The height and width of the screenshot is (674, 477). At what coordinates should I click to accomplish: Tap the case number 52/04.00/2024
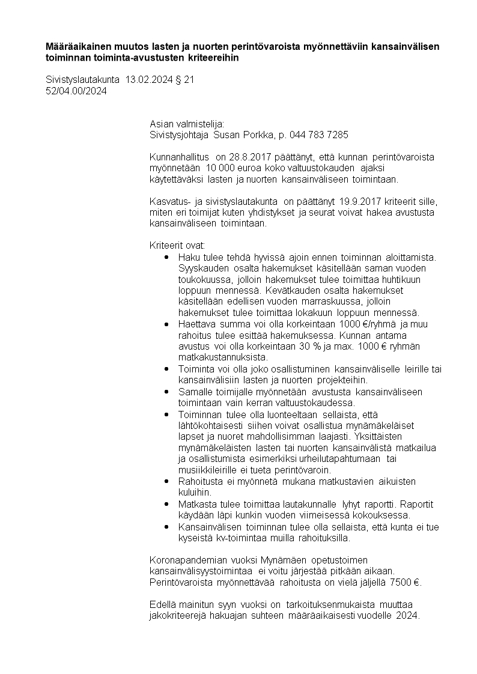click(76, 91)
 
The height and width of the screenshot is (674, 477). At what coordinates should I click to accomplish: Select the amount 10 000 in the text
click(219, 168)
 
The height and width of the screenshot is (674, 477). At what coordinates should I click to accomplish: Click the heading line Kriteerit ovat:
click(177, 246)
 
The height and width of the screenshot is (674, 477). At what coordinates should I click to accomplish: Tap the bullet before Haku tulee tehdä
click(166, 257)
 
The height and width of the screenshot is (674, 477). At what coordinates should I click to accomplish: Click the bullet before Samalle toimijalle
click(166, 392)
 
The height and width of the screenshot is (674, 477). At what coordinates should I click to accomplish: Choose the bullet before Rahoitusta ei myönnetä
click(166, 481)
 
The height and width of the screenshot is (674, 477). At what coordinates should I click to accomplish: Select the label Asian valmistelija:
click(186, 124)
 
